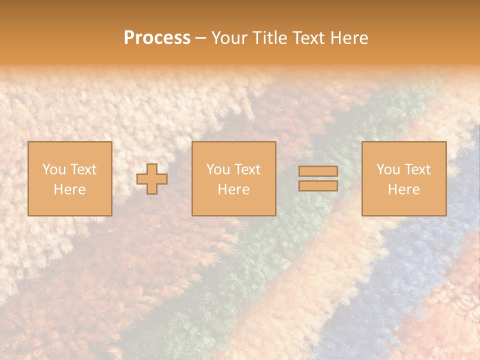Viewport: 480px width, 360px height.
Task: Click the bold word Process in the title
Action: (157, 38)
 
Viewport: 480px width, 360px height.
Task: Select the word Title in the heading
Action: (270, 38)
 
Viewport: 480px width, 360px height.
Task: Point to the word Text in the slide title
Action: (310, 38)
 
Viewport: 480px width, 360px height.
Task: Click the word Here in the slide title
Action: (350, 38)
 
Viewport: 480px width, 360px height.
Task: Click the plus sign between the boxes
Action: (152, 178)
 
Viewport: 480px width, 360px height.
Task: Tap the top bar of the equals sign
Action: (318, 171)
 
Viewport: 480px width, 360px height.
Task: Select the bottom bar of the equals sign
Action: (318, 186)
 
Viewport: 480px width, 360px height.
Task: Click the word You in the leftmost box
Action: (53, 169)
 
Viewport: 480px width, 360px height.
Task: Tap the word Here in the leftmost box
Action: (69, 189)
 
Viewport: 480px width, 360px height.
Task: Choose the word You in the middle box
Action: (218, 169)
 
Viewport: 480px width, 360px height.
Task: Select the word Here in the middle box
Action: (233, 189)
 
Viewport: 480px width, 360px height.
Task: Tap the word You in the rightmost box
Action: (388, 169)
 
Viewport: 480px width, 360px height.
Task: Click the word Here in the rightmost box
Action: (403, 189)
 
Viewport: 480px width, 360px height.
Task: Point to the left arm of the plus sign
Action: (142, 178)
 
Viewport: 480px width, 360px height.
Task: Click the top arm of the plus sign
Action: (152, 168)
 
